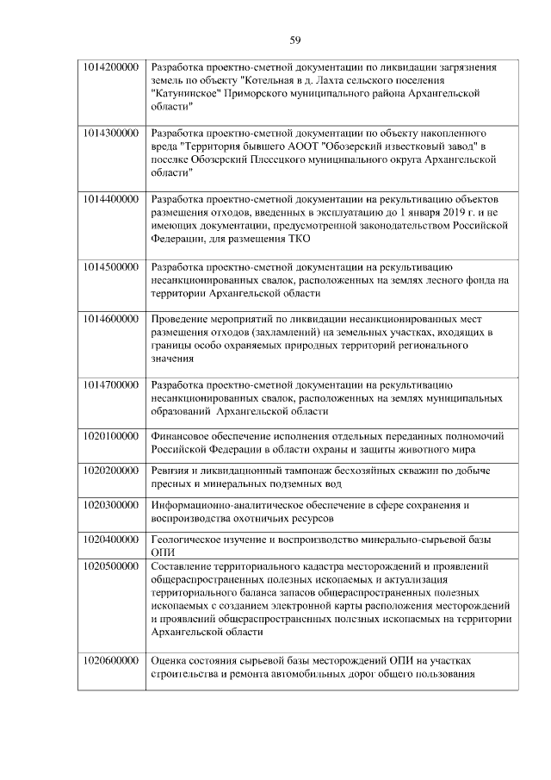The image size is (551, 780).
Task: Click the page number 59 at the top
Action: [x=294, y=41]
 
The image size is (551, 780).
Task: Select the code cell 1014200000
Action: [x=112, y=67]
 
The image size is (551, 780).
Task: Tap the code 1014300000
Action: [x=112, y=134]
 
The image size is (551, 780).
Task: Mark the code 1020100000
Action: [x=112, y=437]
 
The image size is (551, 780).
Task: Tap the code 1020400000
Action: [x=112, y=540]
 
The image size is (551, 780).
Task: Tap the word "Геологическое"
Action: [x=189, y=540]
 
